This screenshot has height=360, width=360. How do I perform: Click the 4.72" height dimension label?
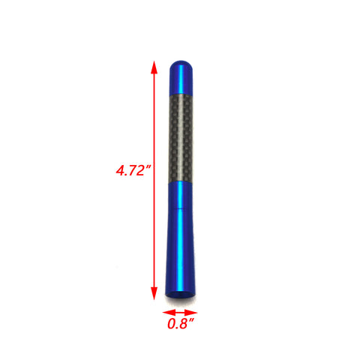pyautogui.click(x=133, y=170)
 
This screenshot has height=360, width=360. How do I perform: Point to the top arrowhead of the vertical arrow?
pyautogui.click(x=154, y=67)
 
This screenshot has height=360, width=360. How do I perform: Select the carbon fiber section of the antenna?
pyautogui.click(x=181, y=135)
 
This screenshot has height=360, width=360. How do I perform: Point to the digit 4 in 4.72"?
pyautogui.click(x=120, y=171)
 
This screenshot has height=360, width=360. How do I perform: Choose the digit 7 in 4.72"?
pyautogui.click(x=133, y=171)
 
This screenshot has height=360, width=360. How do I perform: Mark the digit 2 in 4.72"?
pyautogui.click(x=142, y=171)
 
